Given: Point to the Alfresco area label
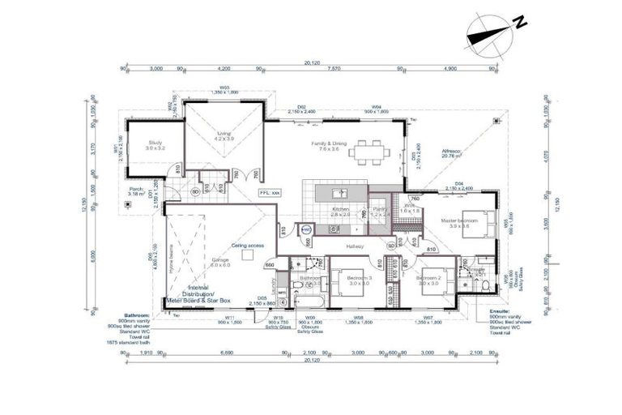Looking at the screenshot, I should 451,152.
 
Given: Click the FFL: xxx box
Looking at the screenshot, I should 269,193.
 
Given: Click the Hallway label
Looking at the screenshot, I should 355,246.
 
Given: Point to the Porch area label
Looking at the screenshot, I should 135,192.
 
